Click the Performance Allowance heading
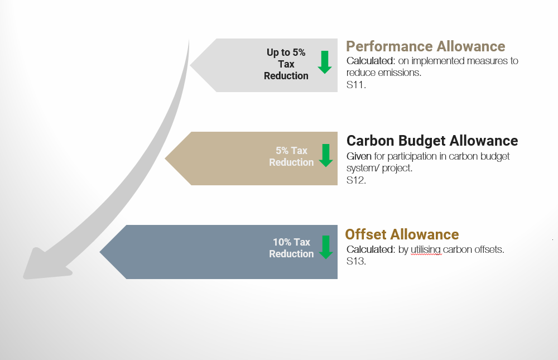pos(425,46)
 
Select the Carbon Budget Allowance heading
pos(432,141)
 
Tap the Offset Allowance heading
pos(402,234)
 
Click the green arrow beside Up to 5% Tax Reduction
pos(325,63)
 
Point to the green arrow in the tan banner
pos(326,156)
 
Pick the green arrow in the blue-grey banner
pos(326,247)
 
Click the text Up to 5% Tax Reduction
pos(286,64)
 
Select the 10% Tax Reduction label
pos(291,248)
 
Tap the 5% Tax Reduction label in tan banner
pos(291,156)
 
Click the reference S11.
pos(356,85)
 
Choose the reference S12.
pos(356,180)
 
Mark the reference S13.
pos(356,261)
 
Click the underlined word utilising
pos(426,249)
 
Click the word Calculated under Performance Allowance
pos(371,61)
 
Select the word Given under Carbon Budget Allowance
pos(359,156)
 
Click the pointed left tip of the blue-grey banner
pos(100,252)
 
